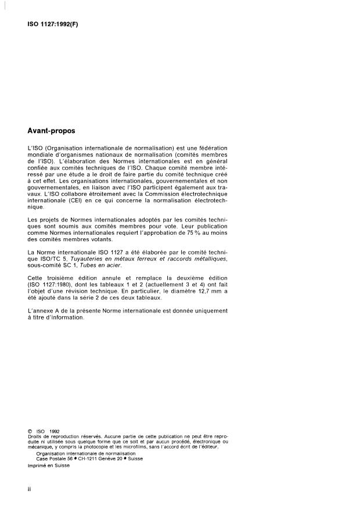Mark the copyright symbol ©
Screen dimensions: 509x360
point(29,431)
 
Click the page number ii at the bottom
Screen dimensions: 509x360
point(29,490)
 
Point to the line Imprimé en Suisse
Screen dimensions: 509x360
point(48,465)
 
